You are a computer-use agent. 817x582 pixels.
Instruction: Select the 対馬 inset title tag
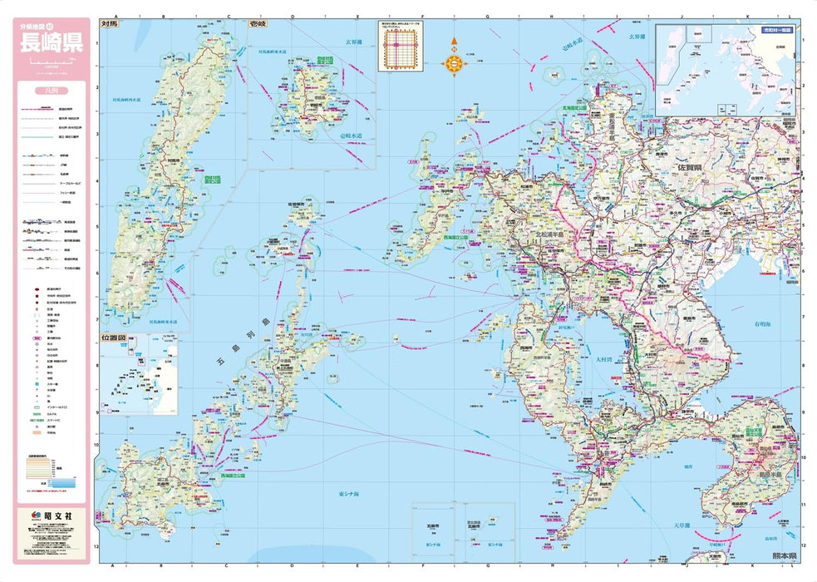pyautogui.click(x=110, y=25)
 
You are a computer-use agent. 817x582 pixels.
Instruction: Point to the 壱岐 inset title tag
pyautogui.click(x=259, y=25)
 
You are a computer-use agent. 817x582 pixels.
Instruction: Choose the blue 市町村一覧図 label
pyautogui.click(x=774, y=30)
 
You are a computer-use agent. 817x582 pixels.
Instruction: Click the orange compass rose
pyautogui.click(x=455, y=57)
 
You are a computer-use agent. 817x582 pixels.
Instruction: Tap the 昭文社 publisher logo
pyautogui.click(x=52, y=516)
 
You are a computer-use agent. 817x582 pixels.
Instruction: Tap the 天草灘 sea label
pyautogui.click(x=682, y=525)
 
